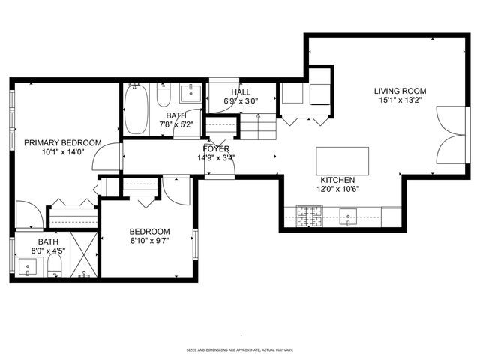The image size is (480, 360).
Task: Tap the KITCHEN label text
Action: pyautogui.click(x=337, y=180)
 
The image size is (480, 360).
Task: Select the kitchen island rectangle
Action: pyautogui.click(x=343, y=160)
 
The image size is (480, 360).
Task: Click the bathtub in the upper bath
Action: pyautogui.click(x=136, y=109)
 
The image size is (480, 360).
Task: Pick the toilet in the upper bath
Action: pyautogui.click(x=163, y=95)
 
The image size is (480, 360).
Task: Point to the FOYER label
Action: pyautogui.click(x=216, y=149)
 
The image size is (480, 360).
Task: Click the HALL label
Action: pyautogui.click(x=240, y=91)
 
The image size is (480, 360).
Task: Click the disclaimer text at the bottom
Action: pyautogui.click(x=240, y=349)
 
